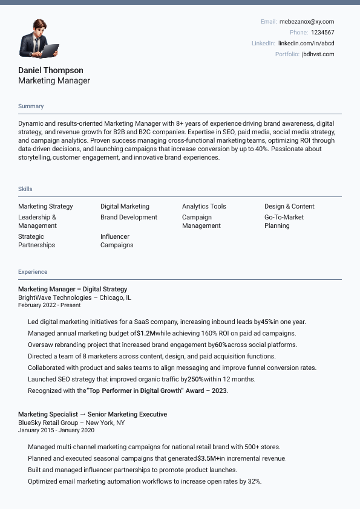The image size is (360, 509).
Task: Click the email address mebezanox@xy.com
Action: tap(306, 22)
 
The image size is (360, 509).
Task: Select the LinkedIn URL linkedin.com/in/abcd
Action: tap(306, 44)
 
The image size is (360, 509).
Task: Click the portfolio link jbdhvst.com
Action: tap(318, 54)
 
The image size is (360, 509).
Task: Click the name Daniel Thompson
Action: tap(51, 70)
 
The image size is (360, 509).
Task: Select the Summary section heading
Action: tap(31, 106)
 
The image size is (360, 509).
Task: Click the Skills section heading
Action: tap(25, 189)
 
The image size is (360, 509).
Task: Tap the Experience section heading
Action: tap(33, 272)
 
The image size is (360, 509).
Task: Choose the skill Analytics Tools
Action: tap(204, 207)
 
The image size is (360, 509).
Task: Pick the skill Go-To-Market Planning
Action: tap(284, 221)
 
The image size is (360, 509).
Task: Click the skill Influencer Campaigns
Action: tap(117, 241)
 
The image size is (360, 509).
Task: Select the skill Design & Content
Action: tap(289, 207)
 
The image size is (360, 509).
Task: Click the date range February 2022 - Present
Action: tap(49, 305)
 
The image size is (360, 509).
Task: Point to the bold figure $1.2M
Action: tap(146, 333)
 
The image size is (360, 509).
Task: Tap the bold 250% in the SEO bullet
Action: tap(195, 379)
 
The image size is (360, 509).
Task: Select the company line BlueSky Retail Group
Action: tap(71, 423)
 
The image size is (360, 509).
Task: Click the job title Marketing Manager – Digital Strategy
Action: tap(73, 289)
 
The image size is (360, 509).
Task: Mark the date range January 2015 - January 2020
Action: tap(56, 430)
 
